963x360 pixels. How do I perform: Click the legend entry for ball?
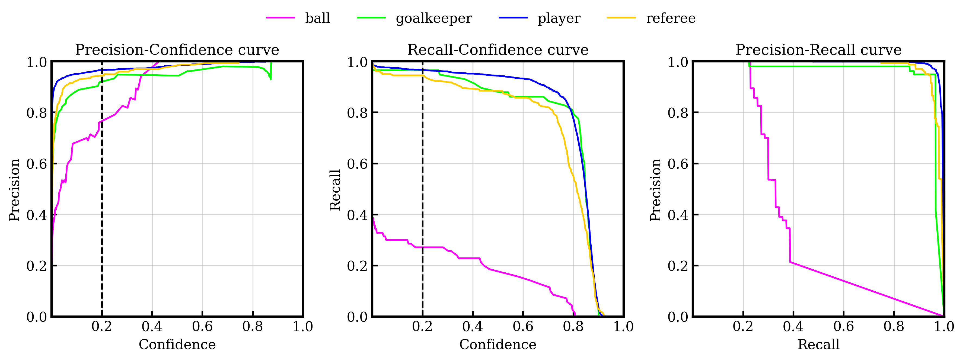[317, 18]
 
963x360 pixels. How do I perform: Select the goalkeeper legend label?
[434, 18]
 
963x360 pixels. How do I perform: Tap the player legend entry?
[559, 18]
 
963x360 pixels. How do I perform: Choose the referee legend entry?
[671, 18]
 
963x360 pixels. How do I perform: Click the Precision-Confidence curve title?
[177, 50]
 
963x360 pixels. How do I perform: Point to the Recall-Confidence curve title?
[498, 50]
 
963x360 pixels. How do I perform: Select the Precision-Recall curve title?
[818, 50]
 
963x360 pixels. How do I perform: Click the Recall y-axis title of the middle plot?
[335, 190]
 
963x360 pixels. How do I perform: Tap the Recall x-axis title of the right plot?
[818, 344]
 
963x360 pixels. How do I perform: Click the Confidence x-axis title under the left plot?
[177, 344]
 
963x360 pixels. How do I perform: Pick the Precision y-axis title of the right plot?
[656, 190]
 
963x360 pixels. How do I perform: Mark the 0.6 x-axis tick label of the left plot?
[202, 327]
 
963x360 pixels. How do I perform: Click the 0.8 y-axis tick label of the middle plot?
[357, 113]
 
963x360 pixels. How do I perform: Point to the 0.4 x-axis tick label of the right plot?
[793, 327]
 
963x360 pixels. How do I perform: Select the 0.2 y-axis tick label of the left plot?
[37, 266]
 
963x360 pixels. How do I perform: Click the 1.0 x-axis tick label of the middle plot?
[623, 327]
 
